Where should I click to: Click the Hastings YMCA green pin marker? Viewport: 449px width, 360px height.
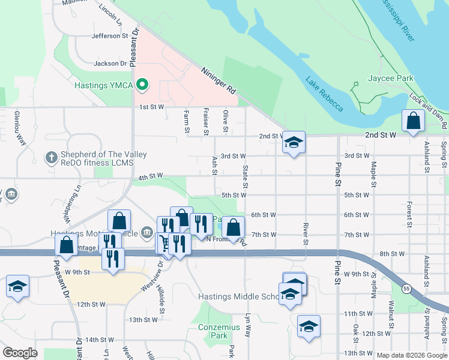tap(142, 85)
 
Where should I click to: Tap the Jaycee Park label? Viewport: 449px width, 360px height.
tap(399, 79)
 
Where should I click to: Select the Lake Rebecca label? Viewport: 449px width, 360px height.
tap(324, 94)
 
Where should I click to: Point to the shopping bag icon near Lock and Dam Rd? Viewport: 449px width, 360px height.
tap(414, 121)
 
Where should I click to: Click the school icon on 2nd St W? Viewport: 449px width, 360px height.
tap(294, 143)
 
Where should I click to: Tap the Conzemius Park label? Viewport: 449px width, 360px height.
tap(219, 331)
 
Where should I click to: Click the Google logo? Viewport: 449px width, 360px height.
tap(20, 353)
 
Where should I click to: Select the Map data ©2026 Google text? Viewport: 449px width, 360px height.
tap(411, 355)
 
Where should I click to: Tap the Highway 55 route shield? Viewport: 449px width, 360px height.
tap(406, 289)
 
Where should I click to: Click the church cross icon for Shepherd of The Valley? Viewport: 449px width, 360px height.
tap(51, 158)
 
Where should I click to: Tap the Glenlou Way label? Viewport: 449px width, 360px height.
tap(20, 127)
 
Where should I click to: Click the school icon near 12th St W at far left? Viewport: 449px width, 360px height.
tap(17, 286)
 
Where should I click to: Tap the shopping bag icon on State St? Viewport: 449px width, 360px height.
tap(234, 227)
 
